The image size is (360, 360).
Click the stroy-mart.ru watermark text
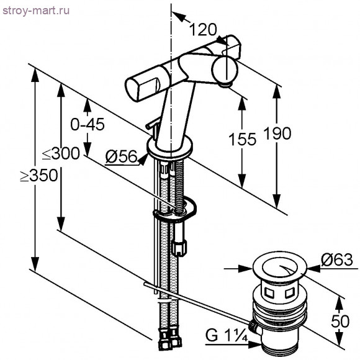(x=36, y=11)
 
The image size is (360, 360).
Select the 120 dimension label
(x=203, y=29)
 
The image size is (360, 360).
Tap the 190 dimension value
(x=277, y=133)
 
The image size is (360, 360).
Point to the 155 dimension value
(x=243, y=139)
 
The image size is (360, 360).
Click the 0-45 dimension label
(x=88, y=124)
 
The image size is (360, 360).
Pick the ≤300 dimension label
(x=61, y=153)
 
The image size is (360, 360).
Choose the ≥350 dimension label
(x=39, y=175)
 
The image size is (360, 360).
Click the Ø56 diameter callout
(x=121, y=157)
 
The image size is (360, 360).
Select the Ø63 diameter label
(x=337, y=259)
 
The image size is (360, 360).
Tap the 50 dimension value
(x=340, y=321)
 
